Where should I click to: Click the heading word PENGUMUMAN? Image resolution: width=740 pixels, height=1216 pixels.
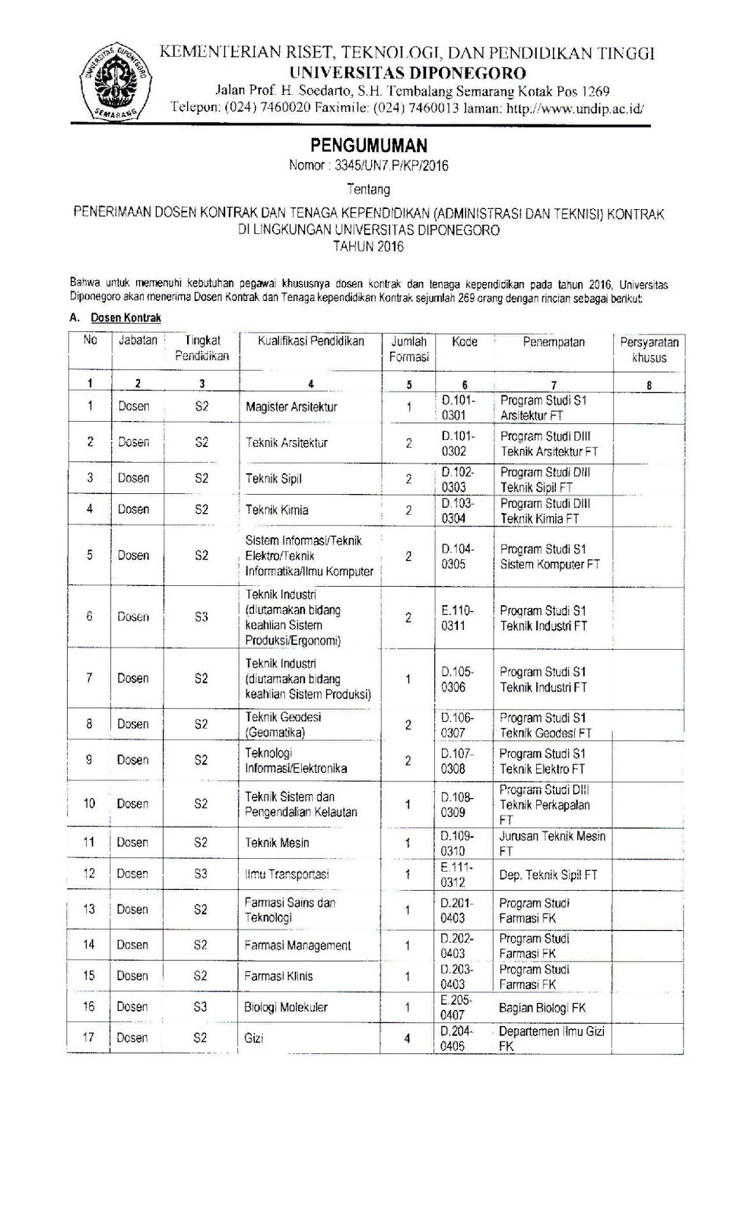[x=369, y=145]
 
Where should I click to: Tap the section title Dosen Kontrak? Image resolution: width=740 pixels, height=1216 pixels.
[x=126, y=318]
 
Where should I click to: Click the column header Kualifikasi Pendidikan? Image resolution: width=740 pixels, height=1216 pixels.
[x=310, y=342]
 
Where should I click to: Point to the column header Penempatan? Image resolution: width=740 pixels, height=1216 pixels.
[x=553, y=342]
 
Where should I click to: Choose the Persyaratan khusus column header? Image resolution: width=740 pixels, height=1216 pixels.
[x=649, y=350]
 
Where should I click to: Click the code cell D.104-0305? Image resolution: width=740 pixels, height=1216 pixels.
[x=458, y=556]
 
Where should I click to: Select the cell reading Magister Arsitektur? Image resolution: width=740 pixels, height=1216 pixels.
[x=291, y=407]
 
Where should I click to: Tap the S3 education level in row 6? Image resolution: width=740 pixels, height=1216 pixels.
[x=201, y=617]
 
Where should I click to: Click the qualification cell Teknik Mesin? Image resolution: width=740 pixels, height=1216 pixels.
[x=277, y=843]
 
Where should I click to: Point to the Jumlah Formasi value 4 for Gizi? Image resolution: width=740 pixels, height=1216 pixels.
[x=408, y=1038]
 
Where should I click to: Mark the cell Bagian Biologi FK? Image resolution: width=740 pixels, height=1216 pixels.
[x=542, y=1008]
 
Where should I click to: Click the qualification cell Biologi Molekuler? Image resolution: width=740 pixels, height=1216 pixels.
[x=286, y=1008]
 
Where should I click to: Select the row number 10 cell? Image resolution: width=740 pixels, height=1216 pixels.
[x=89, y=803]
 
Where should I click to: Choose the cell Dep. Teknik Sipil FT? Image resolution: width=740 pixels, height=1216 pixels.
[x=548, y=875]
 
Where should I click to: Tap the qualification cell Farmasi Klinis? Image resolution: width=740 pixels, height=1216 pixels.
[x=278, y=977]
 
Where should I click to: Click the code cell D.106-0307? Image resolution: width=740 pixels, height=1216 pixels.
[x=457, y=725]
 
